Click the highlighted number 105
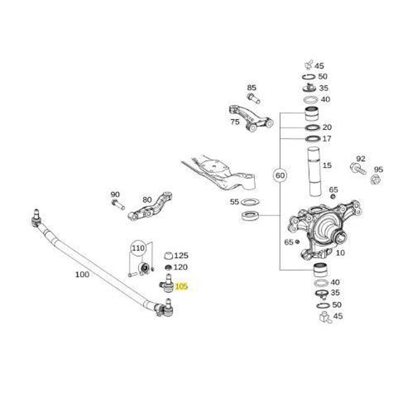pos(181,287)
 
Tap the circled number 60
pos(279,176)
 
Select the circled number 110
pos(138,248)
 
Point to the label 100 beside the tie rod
pos(82,275)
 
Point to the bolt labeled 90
pos(118,204)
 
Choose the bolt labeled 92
pos(358,168)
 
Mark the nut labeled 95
pos(375,179)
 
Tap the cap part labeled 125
pos(168,255)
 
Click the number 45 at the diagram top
pos(319,66)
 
